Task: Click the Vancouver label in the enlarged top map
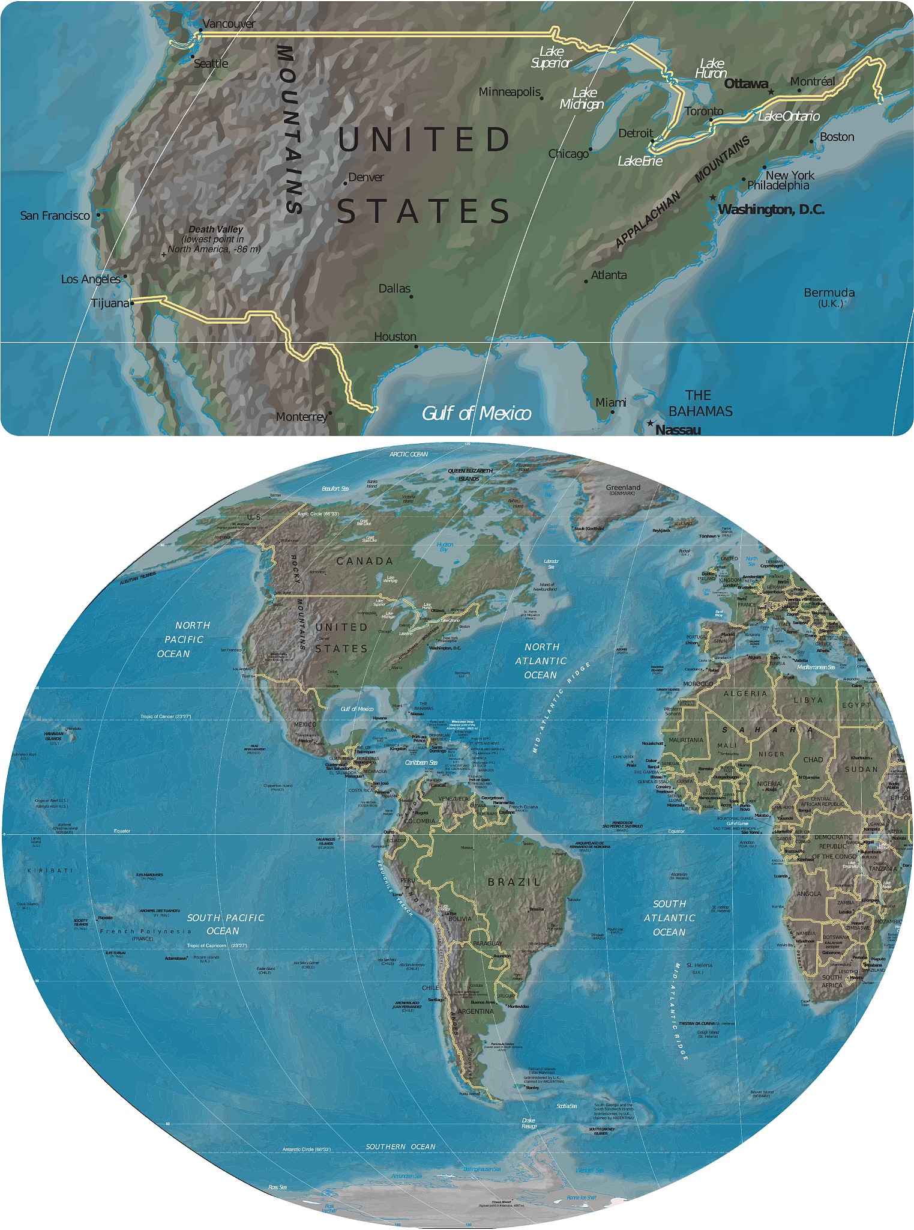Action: coord(229,24)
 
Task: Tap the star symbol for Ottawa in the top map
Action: coord(771,92)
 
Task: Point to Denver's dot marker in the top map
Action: coord(345,183)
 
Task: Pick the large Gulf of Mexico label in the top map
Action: coord(477,413)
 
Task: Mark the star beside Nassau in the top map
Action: coord(650,423)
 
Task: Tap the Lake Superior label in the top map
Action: coord(551,57)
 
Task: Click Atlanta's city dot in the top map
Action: coord(586,281)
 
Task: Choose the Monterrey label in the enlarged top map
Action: coord(301,417)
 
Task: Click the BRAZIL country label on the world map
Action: coord(514,882)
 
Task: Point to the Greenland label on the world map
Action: coord(623,488)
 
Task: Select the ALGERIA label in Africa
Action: coord(745,694)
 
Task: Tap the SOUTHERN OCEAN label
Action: coord(400,1147)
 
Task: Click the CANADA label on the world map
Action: coord(364,561)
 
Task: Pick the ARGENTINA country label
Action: coord(475,1011)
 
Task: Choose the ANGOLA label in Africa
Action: coord(808,894)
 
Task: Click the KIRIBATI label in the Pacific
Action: coord(50,870)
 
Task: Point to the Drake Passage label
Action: coord(529,1123)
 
